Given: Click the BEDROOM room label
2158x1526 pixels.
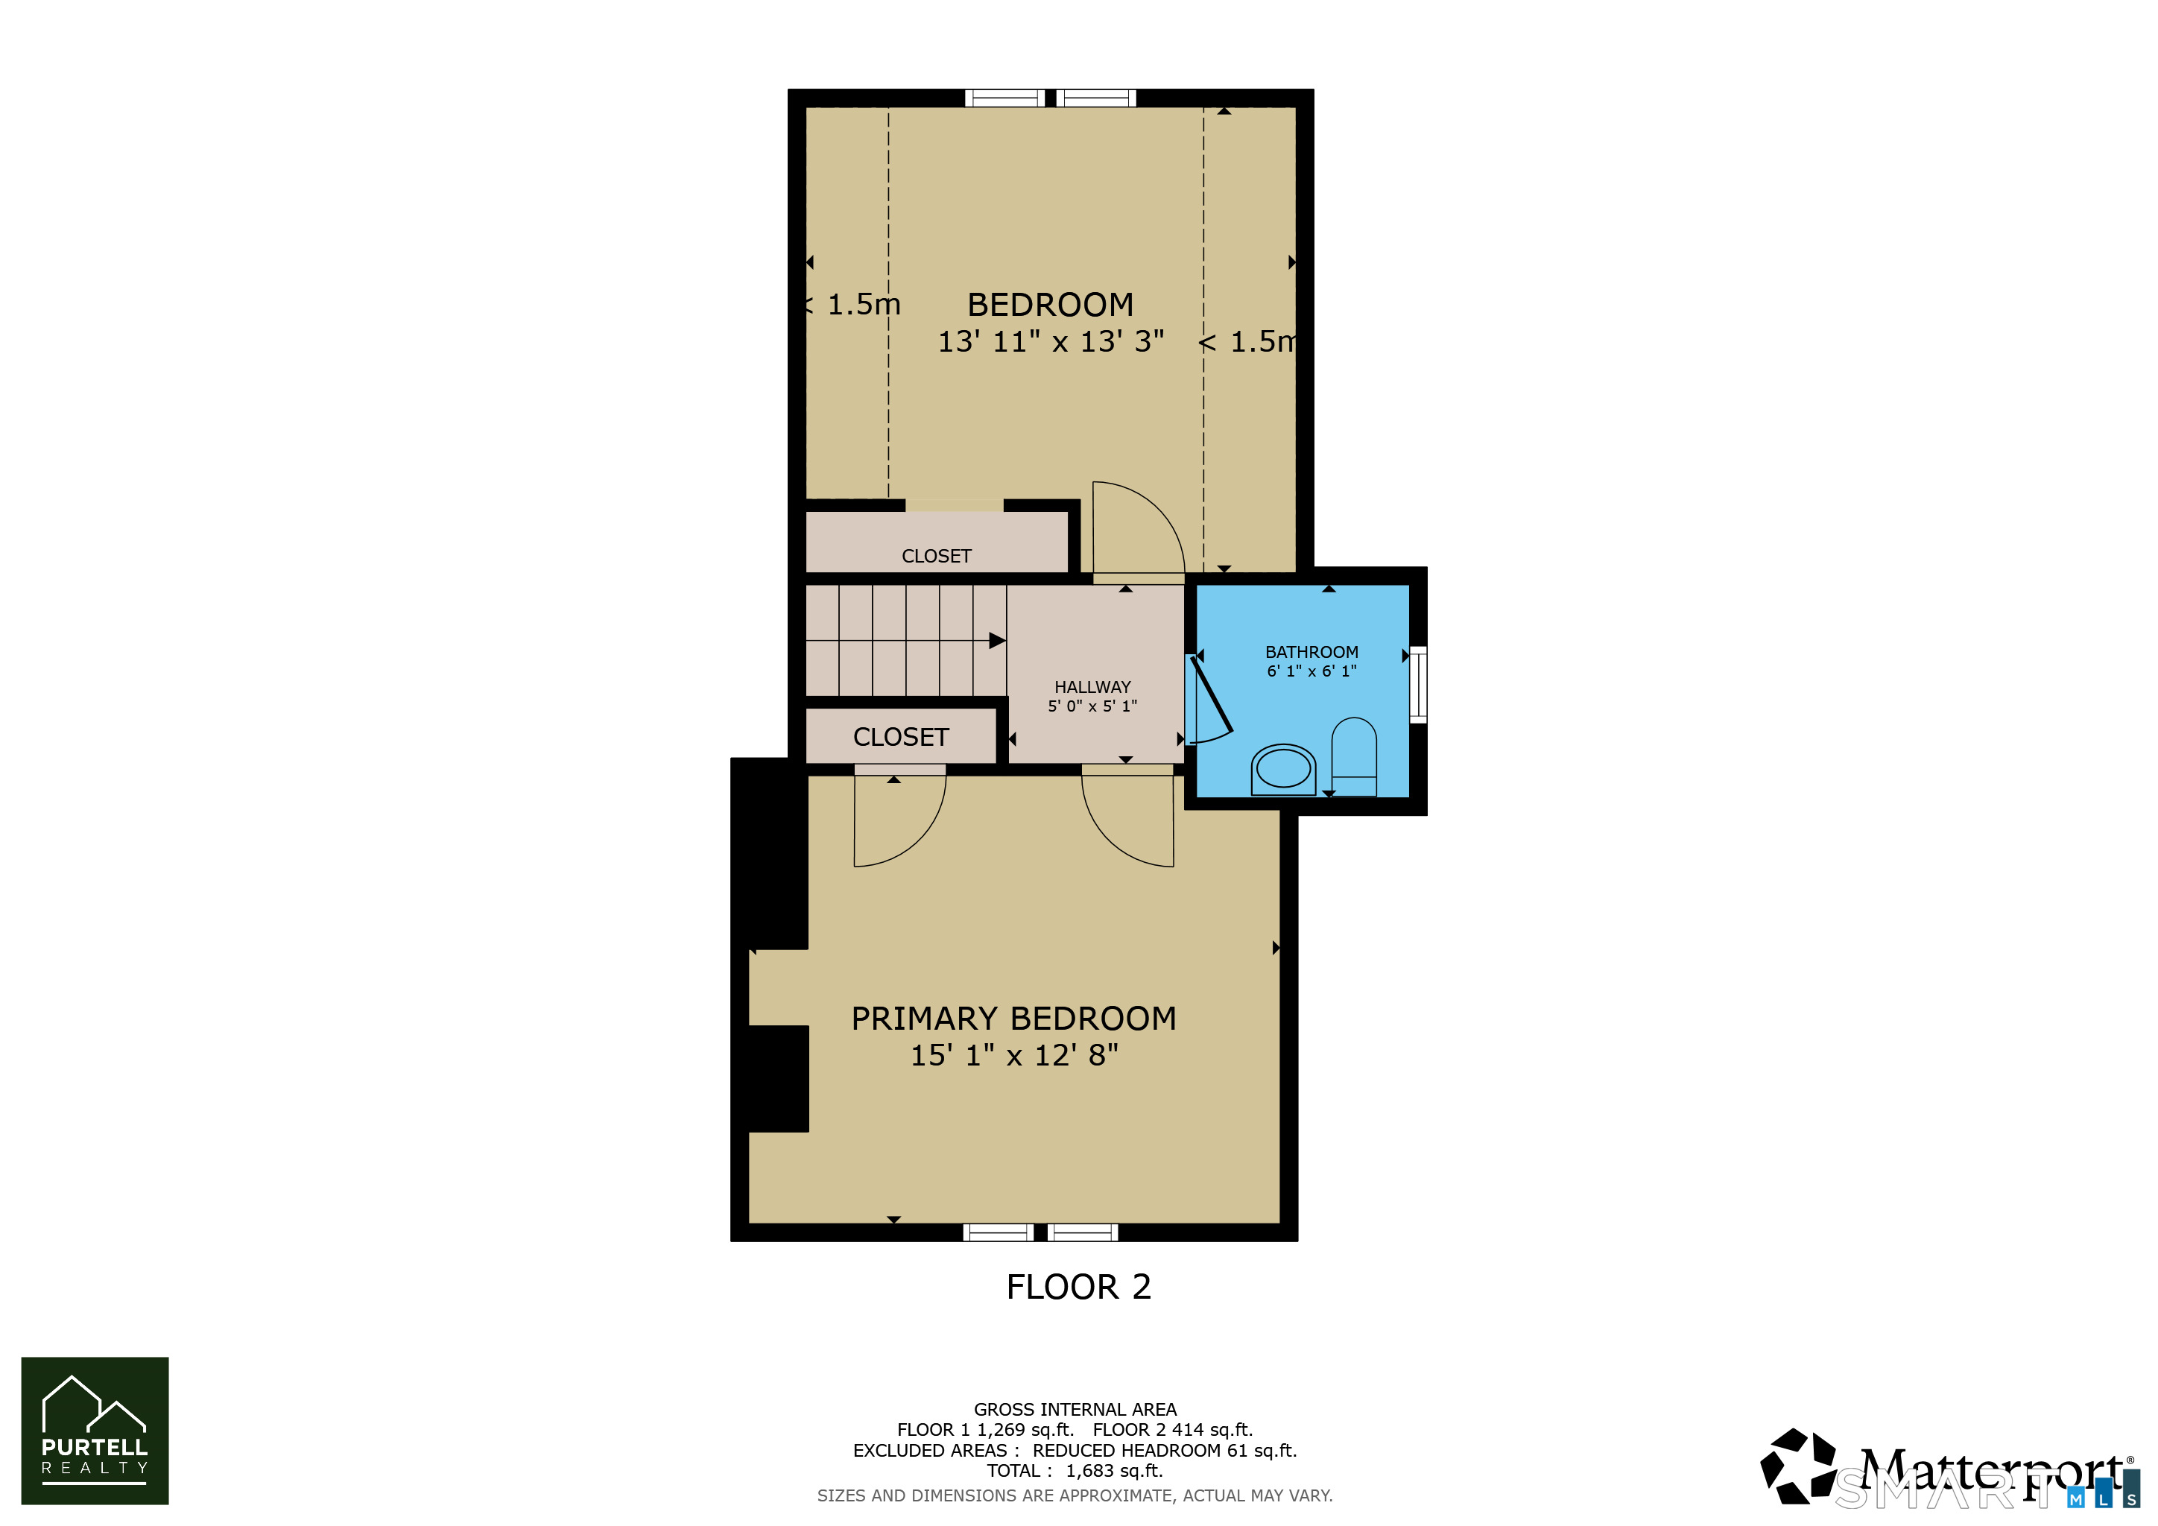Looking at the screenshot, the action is [1050, 305].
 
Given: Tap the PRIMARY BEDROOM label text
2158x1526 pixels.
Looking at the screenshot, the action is [1013, 1019].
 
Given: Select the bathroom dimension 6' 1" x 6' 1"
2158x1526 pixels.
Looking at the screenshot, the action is [1311, 671].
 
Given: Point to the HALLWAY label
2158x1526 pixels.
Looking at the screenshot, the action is [1092, 687].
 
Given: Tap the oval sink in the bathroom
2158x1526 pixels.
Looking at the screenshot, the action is [1283, 770].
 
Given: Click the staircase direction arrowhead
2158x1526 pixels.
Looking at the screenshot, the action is [997, 641].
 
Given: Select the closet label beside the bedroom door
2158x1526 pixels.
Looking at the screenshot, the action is [936, 557].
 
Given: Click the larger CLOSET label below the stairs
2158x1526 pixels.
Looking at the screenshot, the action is [900, 737].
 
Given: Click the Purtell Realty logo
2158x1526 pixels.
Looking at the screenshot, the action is [95, 1430].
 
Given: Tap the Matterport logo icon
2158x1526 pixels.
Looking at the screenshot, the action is [1798, 1466].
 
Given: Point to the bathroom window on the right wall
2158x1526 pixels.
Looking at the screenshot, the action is [1418, 684].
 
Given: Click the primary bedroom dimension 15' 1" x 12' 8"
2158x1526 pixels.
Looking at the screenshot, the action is [1014, 1055].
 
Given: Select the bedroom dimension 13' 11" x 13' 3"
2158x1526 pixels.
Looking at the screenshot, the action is [1051, 341].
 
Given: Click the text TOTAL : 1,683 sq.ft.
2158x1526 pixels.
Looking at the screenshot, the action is [1075, 1471].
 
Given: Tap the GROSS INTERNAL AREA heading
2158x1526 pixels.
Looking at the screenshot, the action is [1075, 1410].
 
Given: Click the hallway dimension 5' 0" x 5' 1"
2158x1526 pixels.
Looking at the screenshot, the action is [1092, 706].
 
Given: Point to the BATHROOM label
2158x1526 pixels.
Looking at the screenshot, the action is [1311, 652].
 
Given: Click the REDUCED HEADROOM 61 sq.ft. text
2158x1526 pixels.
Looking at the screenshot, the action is [1165, 1451].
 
